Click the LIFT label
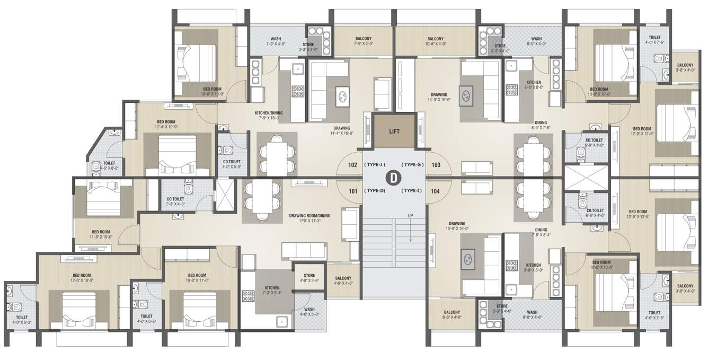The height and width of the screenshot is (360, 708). point(394,131)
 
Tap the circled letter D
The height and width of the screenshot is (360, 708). point(394,178)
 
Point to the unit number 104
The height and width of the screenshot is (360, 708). point(435,190)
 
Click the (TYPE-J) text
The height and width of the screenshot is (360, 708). point(375,165)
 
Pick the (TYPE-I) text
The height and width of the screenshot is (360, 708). point(412,190)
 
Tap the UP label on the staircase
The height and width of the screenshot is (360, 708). point(410,216)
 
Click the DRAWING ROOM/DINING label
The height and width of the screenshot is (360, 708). point(310,216)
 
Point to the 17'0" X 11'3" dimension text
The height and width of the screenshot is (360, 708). point(310,221)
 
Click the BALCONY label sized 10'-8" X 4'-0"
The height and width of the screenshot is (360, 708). point(435,39)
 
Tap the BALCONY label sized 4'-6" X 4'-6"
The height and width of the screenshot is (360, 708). point(343,278)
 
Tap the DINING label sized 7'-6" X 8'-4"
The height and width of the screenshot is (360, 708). point(541,230)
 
